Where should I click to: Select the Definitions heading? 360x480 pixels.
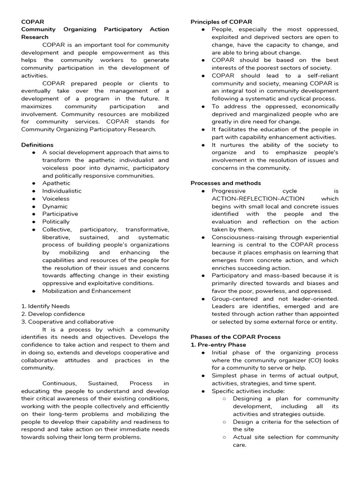[x=37, y=145]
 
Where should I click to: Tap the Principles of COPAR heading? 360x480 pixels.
[x=221, y=22]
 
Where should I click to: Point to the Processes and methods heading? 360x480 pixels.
[x=225, y=183]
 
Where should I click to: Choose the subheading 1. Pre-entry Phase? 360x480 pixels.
[x=218, y=345]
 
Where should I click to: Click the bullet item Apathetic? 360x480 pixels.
[x=56, y=183]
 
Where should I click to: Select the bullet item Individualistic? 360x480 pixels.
[x=61, y=191]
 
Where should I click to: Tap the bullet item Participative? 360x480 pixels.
[x=60, y=214]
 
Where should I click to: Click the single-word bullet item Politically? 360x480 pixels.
[x=56, y=222]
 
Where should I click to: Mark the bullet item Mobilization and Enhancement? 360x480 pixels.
[x=86, y=291]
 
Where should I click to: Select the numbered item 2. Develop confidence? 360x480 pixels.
[x=53, y=314]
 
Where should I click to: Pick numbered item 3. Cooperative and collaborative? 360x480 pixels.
[x=67, y=322]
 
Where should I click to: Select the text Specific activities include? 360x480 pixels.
[x=248, y=391]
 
